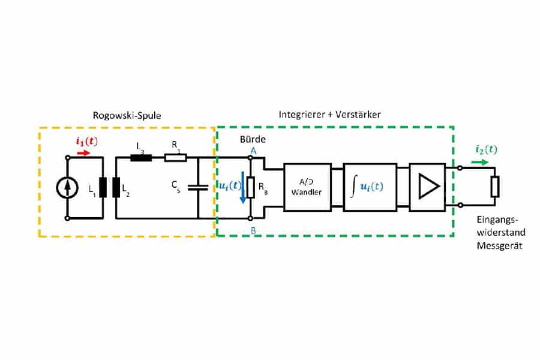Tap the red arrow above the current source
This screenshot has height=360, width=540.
coord(83,152)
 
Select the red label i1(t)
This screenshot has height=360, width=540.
coord(86,142)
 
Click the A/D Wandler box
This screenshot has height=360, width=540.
coord(307,187)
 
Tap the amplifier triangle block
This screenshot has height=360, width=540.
coord(427,187)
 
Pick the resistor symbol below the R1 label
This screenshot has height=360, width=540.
coord(175,158)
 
